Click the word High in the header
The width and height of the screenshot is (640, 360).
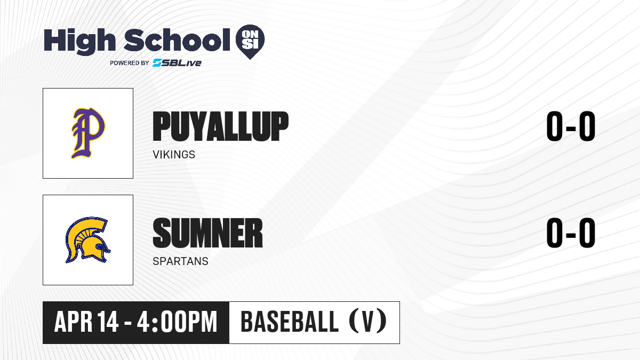(79, 42)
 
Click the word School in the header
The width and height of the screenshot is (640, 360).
(177, 40)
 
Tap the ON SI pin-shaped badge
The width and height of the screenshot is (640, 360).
(250, 42)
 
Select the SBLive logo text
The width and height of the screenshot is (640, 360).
(177, 62)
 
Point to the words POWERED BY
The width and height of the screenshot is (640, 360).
(130, 63)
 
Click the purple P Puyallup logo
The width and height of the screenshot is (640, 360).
(88, 133)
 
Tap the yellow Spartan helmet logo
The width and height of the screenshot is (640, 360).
(87, 240)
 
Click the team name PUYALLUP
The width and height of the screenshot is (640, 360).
(221, 126)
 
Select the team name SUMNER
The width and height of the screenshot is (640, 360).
(207, 233)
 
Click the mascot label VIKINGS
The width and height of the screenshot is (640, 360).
(174, 155)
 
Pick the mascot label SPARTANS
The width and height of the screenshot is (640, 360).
(181, 261)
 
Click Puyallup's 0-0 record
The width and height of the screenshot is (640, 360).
(571, 126)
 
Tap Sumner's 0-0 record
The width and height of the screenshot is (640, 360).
(571, 233)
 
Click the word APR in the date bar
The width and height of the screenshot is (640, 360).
(74, 322)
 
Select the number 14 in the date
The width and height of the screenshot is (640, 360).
(108, 322)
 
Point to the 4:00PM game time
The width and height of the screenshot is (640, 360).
(177, 322)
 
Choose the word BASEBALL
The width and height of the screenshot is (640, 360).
(290, 322)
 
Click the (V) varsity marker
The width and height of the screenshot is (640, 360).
(368, 321)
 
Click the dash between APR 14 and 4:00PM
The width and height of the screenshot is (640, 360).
(128, 323)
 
